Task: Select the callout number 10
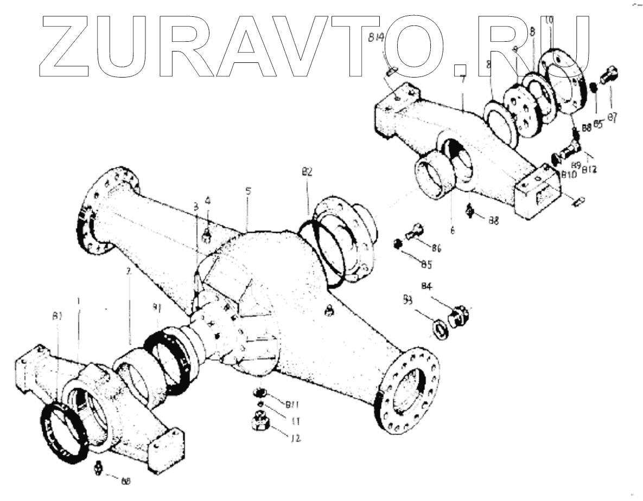click(549, 21)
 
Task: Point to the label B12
click(590, 170)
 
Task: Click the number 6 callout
click(452, 229)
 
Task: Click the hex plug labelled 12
click(260, 421)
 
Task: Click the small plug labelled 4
click(207, 234)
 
